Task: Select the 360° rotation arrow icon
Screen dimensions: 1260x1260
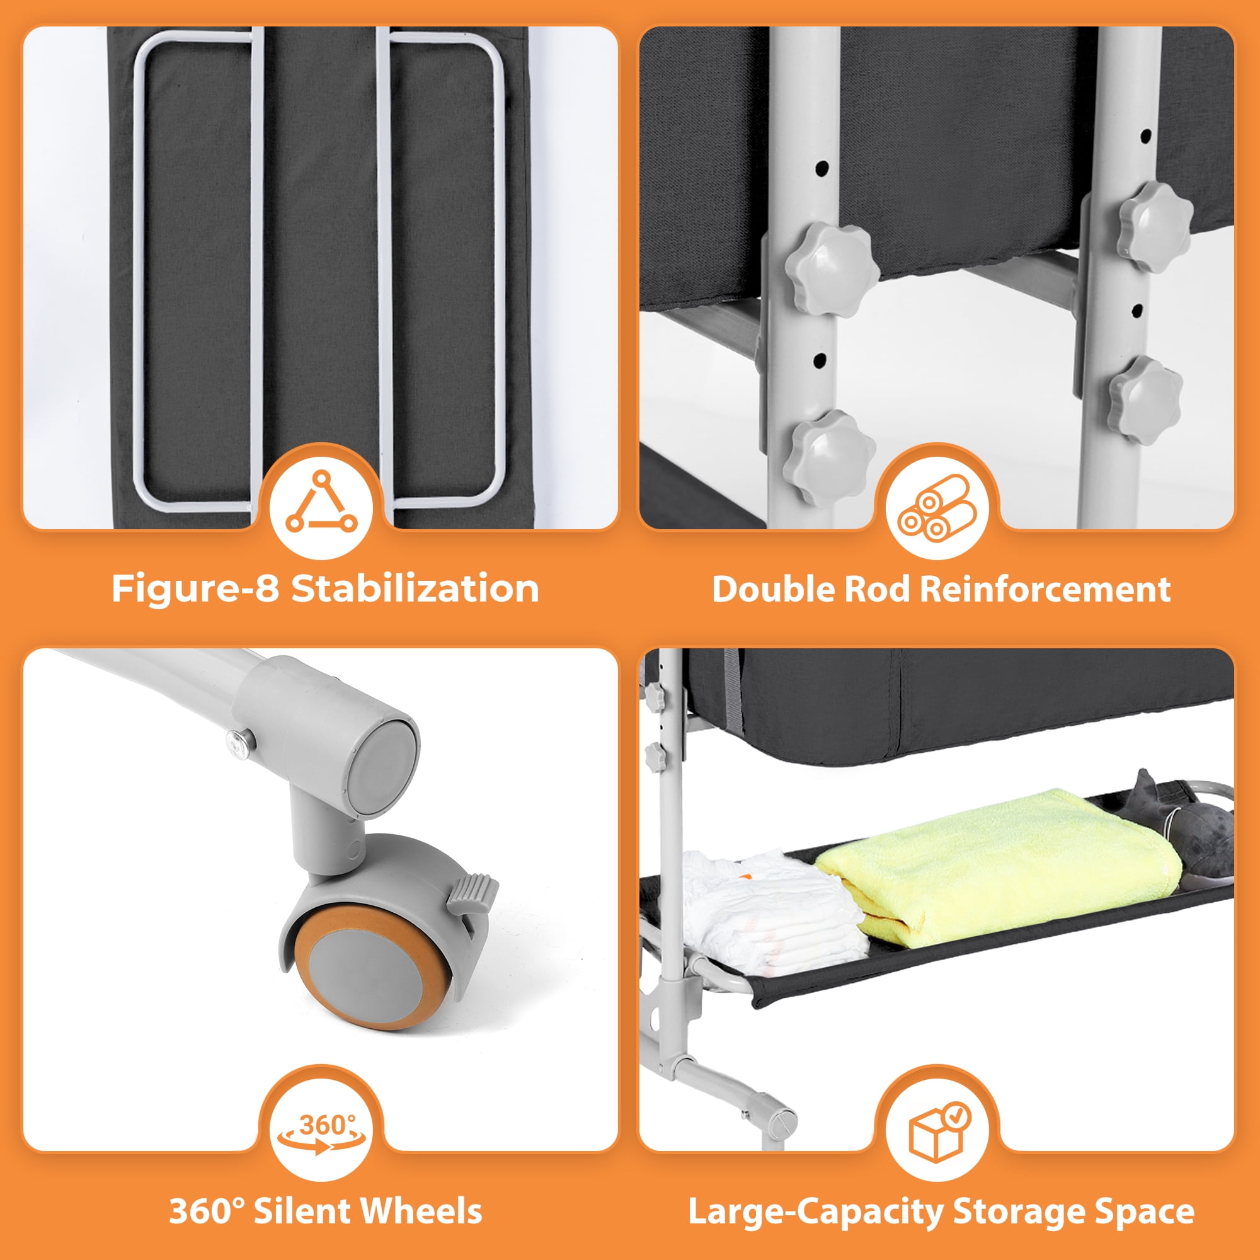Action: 321,1134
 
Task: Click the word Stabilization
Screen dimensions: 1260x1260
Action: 415,588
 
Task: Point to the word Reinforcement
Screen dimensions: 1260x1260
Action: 1045,589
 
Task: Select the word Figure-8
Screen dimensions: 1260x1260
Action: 196,588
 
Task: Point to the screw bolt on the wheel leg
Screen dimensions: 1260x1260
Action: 239,743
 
